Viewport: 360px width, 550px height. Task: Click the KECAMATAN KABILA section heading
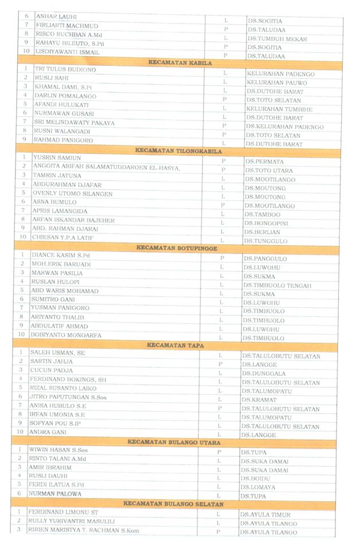180,62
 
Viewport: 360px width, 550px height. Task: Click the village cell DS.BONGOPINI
266,223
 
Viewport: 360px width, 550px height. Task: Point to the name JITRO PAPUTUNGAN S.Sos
68,396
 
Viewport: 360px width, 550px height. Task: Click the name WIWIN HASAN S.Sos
59,450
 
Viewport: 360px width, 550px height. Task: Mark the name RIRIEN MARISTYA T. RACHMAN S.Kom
85,530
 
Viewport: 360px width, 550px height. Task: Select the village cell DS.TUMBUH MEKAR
277,39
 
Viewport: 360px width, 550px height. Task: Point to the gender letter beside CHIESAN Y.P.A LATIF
222,240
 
